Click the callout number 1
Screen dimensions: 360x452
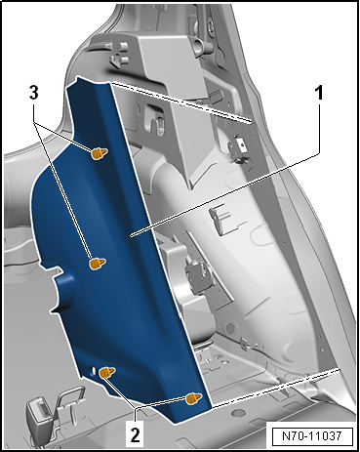click(320, 94)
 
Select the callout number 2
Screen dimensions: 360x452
click(135, 434)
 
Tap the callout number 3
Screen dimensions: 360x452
click(34, 93)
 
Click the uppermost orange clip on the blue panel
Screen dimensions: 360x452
click(99, 153)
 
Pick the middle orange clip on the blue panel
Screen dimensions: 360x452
click(97, 264)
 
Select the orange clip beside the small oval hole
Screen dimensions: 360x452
click(107, 372)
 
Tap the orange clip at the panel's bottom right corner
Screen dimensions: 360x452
click(193, 398)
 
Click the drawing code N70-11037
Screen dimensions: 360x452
click(311, 435)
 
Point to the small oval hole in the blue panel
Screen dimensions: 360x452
click(93, 370)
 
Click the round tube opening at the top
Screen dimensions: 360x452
click(199, 43)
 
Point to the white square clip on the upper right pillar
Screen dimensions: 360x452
click(241, 144)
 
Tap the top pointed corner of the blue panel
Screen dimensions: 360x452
click(77, 77)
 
